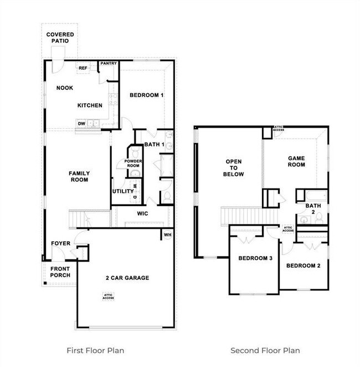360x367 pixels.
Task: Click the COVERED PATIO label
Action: click(x=60, y=38)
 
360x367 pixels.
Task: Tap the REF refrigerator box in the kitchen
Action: click(x=83, y=68)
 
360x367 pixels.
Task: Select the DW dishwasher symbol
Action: click(x=81, y=123)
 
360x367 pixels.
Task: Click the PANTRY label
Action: click(x=109, y=63)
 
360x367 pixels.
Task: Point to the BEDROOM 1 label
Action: click(x=147, y=95)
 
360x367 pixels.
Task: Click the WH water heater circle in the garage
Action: click(x=167, y=235)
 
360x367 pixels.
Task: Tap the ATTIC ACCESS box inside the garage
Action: click(x=108, y=297)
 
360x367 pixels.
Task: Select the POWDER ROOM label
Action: click(x=133, y=164)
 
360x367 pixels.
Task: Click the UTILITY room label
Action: click(x=123, y=191)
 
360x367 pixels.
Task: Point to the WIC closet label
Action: click(x=142, y=213)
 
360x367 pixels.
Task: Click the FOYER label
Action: click(x=60, y=243)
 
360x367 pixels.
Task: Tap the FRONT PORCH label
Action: click(x=60, y=272)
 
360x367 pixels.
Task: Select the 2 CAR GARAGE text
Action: click(x=127, y=278)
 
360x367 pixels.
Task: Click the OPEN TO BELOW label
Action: click(x=234, y=168)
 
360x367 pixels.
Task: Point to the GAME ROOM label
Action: click(x=296, y=161)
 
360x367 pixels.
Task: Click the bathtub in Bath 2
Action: click(x=317, y=196)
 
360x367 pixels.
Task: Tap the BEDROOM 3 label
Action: click(x=255, y=258)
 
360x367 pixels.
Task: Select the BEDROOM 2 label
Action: click(x=303, y=266)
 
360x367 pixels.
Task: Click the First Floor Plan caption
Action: click(x=95, y=350)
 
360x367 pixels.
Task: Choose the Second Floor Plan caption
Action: click(x=265, y=350)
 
